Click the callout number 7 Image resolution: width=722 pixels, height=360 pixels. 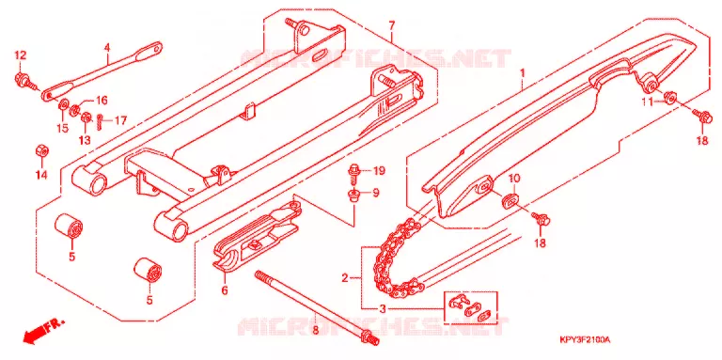(x=391, y=25)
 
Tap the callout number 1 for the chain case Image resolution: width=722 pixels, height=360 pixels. (x=523, y=73)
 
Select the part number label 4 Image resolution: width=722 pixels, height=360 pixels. (x=107, y=47)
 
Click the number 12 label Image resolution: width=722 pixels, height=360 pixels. (x=21, y=55)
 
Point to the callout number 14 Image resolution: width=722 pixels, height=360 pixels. (x=41, y=175)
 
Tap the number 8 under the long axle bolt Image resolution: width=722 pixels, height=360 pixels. (x=315, y=330)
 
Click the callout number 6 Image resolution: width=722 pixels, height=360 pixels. (x=225, y=291)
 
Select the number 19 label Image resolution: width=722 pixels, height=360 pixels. (x=379, y=172)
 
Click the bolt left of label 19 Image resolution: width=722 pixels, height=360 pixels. (x=356, y=171)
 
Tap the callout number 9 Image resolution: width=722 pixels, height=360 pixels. (x=376, y=194)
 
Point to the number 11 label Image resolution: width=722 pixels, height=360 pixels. (x=648, y=102)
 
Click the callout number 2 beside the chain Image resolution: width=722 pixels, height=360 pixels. (x=344, y=278)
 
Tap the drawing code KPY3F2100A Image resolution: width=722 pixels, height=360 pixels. (x=585, y=340)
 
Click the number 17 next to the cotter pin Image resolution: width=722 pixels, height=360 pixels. (x=120, y=121)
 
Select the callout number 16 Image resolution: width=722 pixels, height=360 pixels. (x=101, y=101)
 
